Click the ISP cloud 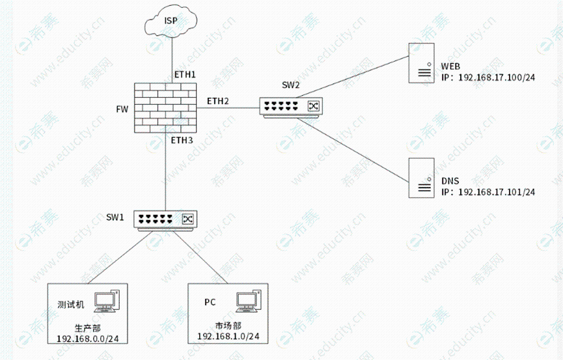(x=171, y=23)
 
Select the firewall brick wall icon (x=167, y=108)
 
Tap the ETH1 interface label (x=185, y=75)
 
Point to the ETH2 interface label (x=218, y=101)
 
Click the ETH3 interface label (x=182, y=140)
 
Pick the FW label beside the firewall (x=122, y=109)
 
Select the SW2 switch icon (x=290, y=106)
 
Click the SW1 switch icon (x=165, y=219)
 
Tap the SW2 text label (x=290, y=85)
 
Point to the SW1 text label (x=115, y=217)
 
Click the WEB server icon (x=420, y=63)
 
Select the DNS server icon (x=420, y=178)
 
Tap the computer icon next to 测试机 (x=107, y=301)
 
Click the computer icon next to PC (x=248, y=301)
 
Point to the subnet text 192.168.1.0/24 (x=228, y=337)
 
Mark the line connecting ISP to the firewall (x=171, y=55)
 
